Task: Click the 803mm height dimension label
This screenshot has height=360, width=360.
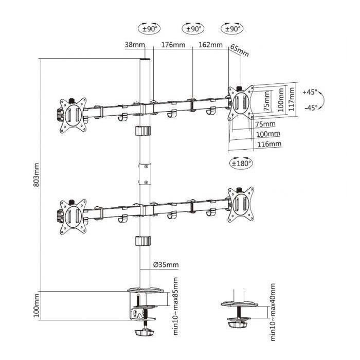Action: pyautogui.click(x=37, y=175)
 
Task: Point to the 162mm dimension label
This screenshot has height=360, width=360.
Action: pyautogui.click(x=210, y=45)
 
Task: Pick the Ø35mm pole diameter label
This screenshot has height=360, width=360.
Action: pyautogui.click(x=166, y=265)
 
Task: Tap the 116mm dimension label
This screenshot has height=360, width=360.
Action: pyautogui.click(x=269, y=144)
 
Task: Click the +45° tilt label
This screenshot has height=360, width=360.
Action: pyautogui.click(x=310, y=92)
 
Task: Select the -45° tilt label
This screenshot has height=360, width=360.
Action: pyautogui.click(x=310, y=108)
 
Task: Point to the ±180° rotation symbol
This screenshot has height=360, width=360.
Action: pyautogui.click(x=241, y=164)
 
